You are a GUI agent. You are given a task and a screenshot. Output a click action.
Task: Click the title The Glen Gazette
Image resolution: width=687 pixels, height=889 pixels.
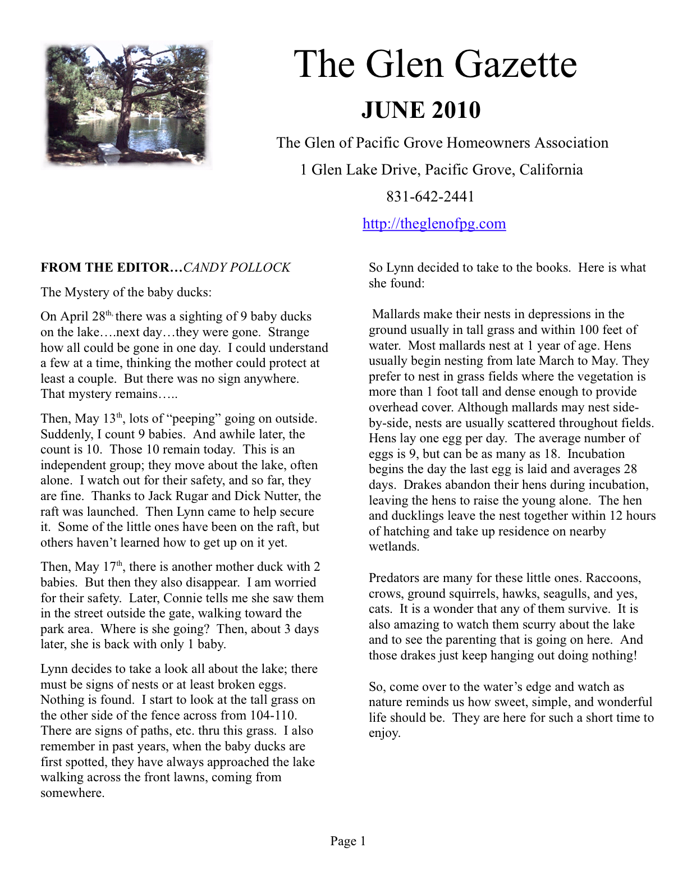[x=435, y=64]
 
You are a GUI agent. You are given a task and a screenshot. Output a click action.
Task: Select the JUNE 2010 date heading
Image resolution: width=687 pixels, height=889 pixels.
[x=420, y=110]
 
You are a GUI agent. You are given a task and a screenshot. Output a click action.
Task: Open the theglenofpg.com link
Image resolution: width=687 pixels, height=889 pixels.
[x=434, y=223]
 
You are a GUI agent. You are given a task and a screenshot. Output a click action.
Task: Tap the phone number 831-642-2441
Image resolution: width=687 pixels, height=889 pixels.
[x=430, y=196]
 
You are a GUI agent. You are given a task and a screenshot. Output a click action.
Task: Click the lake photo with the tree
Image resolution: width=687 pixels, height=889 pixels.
[x=127, y=105]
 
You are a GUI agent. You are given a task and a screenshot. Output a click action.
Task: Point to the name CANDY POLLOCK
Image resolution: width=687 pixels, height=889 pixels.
[x=237, y=268]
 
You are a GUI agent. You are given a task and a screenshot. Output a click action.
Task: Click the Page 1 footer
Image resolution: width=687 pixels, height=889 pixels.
[x=347, y=841]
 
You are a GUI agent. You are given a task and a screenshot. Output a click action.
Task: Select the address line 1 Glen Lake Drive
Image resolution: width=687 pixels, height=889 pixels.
[x=441, y=169]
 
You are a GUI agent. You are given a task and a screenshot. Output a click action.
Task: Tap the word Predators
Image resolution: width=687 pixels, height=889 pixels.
[x=394, y=578]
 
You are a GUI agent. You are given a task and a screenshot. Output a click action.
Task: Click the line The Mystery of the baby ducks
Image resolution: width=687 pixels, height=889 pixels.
[x=126, y=292]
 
